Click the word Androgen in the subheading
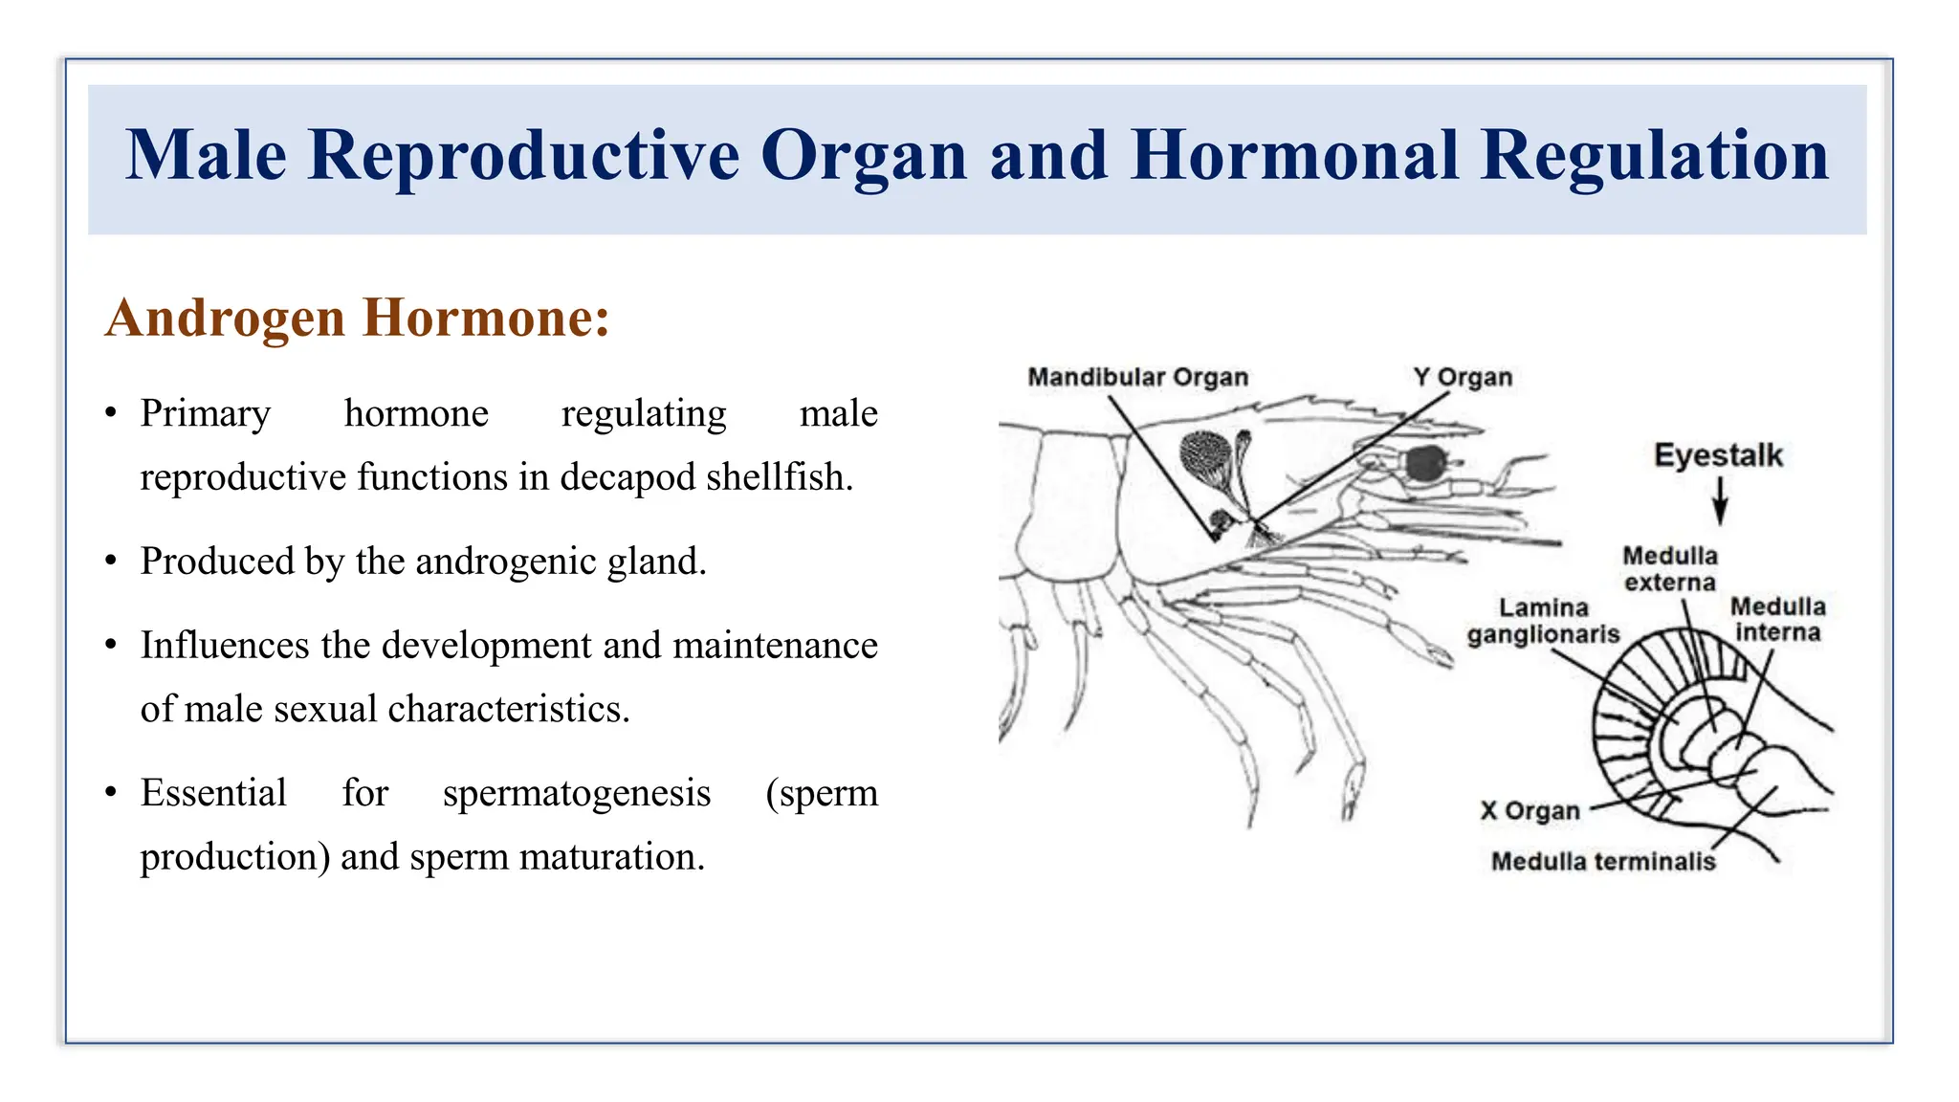click(x=226, y=318)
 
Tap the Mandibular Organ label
click(x=1137, y=377)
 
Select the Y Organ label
click(x=1463, y=377)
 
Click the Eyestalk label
click(x=1718, y=455)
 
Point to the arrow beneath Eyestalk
click(x=1719, y=501)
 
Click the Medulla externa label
click(x=1669, y=569)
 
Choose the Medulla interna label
click(x=1777, y=620)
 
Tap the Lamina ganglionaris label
click(x=1543, y=621)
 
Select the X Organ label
click(x=1530, y=811)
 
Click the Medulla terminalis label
click(x=1603, y=862)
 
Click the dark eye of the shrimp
click(x=1425, y=463)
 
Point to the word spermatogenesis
click(x=577, y=794)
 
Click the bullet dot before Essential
click(x=111, y=793)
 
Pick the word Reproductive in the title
click(x=523, y=155)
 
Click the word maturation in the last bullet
click(x=612, y=857)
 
